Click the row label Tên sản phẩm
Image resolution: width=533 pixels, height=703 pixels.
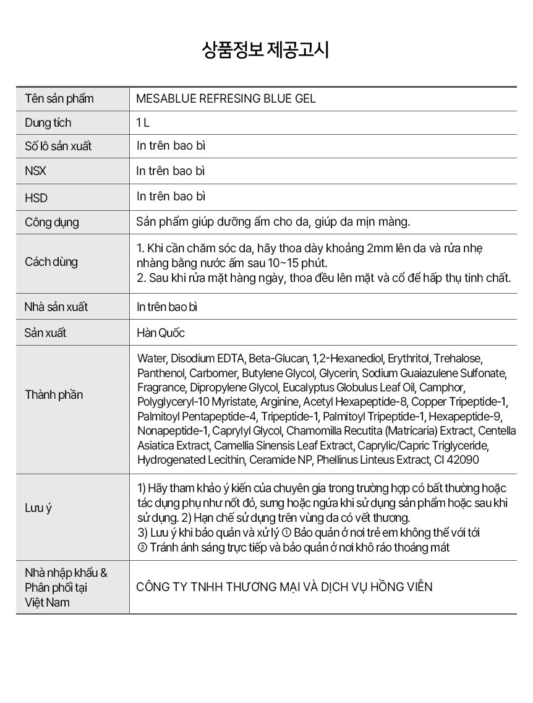coord(59,99)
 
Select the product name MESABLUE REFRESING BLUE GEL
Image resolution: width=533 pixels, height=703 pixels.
coord(226,99)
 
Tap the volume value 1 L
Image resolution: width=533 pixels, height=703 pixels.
coord(143,122)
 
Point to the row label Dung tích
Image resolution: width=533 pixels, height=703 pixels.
coord(48,122)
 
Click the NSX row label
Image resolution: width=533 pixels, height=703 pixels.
coord(35,171)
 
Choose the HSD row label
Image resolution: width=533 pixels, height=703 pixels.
coord(36,198)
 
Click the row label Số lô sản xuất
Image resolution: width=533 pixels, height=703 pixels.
coord(58,147)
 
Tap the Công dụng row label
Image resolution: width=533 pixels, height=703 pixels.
coord(52,222)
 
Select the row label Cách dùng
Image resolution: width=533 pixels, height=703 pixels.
coord(51,262)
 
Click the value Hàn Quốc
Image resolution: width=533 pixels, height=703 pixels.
coord(161,333)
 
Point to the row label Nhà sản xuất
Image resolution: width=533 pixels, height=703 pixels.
coord(56,307)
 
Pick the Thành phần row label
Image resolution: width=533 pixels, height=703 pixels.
coord(54,394)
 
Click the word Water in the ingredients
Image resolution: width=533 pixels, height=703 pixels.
coord(151,359)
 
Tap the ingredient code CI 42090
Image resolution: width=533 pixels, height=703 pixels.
coord(455,459)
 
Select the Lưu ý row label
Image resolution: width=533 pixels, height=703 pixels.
coord(38,508)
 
